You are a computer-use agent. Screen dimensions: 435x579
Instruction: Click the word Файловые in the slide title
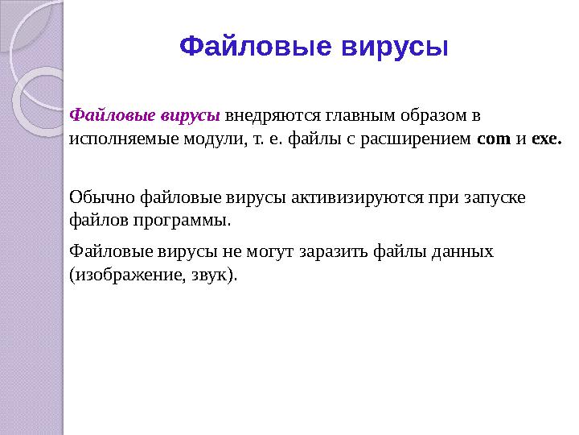[x=254, y=46]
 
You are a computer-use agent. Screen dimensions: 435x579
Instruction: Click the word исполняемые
[x=118, y=139]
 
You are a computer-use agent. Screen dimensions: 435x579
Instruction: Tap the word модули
[x=211, y=139]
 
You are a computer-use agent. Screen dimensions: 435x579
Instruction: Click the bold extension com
[x=494, y=139]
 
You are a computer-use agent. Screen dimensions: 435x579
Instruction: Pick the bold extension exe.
[x=546, y=139]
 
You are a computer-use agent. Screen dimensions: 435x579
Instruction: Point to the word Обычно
[x=102, y=196]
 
